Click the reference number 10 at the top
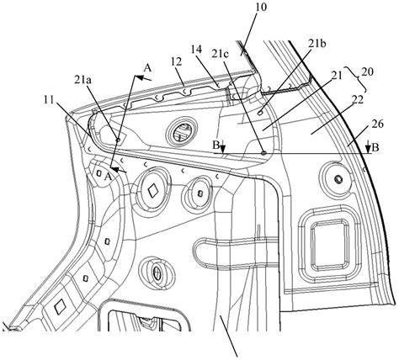point(261,8)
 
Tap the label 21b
point(317,44)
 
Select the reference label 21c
point(221,54)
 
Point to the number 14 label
point(196,50)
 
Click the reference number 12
point(176,61)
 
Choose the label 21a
point(82,81)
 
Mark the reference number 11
point(49,99)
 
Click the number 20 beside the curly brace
point(368,72)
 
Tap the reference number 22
point(357,100)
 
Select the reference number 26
point(378,124)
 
